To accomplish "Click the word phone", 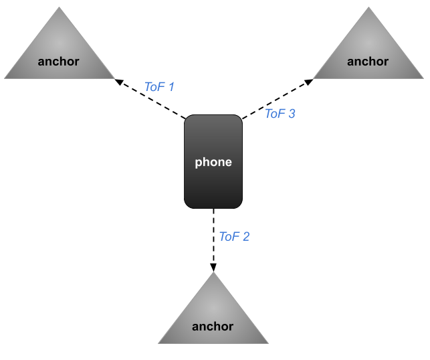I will [213, 162].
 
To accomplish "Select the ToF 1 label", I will [159, 86].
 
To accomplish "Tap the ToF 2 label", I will [234, 236].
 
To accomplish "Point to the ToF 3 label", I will [280, 114].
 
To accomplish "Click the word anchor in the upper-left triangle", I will [59, 62].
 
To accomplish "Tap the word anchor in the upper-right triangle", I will [368, 62].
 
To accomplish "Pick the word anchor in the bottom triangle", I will [213, 327].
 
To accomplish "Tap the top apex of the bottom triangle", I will [213, 273].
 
